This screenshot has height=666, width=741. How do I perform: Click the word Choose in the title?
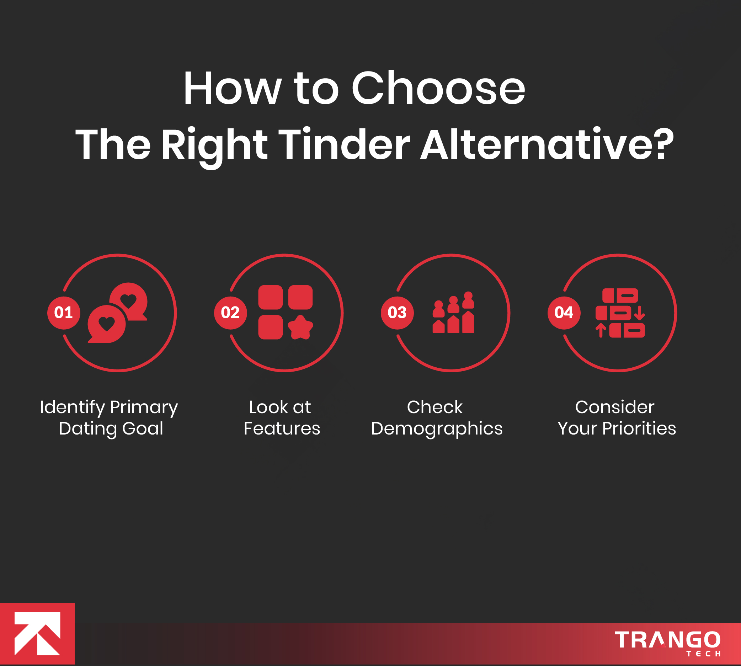click(438, 88)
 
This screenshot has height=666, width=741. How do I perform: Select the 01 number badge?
click(64, 313)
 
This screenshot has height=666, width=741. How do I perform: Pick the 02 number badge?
click(230, 313)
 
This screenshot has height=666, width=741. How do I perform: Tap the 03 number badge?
click(397, 313)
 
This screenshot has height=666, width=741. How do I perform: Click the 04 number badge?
click(564, 313)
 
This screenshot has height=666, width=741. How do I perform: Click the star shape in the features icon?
click(300, 327)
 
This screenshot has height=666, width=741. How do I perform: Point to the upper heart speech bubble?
click(129, 302)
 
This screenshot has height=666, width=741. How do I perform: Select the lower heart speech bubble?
click(106, 324)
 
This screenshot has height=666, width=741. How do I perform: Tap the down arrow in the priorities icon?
click(639, 313)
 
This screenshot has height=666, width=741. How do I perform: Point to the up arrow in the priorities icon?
click(601, 330)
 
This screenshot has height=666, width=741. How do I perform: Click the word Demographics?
click(437, 429)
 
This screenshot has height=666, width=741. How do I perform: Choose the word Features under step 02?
click(282, 428)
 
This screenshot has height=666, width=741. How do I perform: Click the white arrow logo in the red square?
click(37, 633)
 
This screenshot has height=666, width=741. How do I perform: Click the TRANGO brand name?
click(667, 639)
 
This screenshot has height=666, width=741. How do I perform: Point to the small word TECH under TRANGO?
click(703, 654)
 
